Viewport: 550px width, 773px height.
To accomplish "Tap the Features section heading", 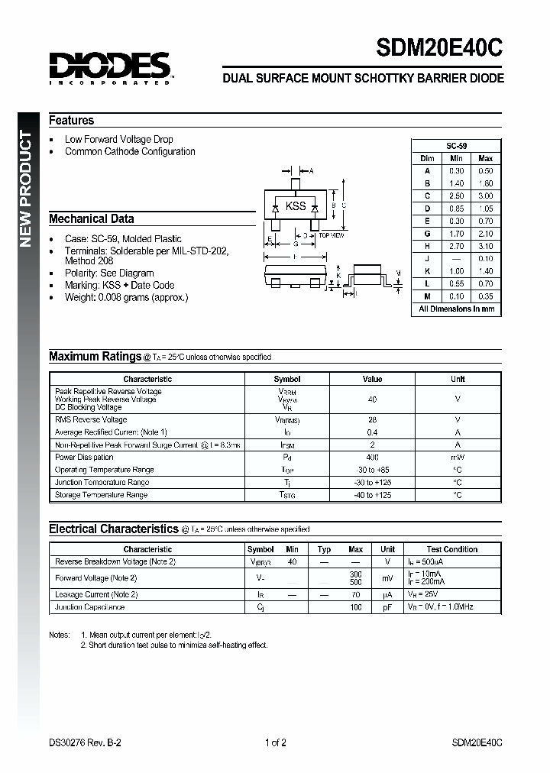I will pos(71,121).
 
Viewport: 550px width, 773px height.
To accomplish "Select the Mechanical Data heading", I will pos(91,219).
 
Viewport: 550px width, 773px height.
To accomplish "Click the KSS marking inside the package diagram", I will pos(296,206).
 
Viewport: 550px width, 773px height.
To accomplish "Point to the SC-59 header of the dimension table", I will pos(456,145).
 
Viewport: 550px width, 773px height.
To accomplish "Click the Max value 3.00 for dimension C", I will pos(485,196).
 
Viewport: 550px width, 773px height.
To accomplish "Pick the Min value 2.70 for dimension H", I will pos(456,246).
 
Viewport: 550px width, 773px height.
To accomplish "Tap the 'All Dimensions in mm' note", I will pos(456,309).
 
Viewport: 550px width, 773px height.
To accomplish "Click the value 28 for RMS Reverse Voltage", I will pos(372,420).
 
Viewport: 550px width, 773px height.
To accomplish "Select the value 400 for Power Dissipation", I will pos(372,458).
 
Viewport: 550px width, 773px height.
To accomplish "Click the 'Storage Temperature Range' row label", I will pos(101,495).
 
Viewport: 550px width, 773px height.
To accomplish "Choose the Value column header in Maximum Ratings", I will pos(372,379).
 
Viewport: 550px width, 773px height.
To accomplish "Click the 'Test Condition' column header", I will pos(451,549).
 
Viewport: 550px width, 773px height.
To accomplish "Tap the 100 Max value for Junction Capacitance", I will pos(355,607).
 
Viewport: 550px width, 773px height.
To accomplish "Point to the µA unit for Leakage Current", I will pos(387,594).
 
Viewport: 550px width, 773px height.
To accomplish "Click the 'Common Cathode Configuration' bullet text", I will pos(130,152).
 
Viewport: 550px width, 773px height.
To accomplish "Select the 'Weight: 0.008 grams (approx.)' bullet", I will pos(126,297).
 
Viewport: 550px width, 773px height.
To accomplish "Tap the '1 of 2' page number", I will pos(275,742).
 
